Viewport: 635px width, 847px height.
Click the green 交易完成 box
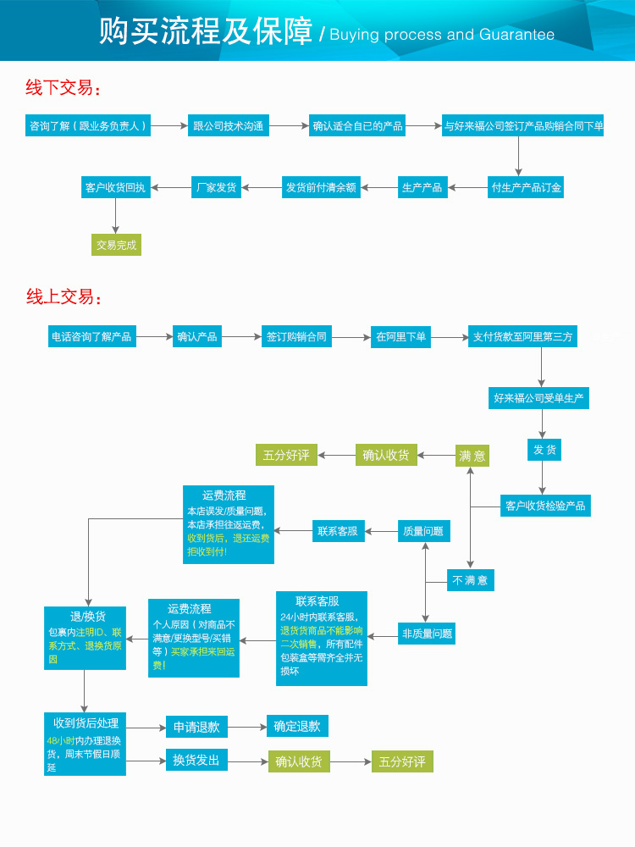click(116, 245)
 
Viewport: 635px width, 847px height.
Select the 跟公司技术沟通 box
click(229, 126)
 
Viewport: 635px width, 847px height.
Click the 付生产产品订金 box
click(526, 187)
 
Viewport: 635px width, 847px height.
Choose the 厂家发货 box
click(216, 187)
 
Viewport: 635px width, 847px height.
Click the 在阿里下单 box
click(401, 337)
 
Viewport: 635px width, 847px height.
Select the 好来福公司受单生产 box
click(539, 397)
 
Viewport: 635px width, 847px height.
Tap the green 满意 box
click(472, 456)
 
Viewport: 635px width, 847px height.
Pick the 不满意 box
click(470, 580)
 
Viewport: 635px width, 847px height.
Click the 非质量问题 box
click(427, 633)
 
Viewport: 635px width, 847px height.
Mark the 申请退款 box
click(196, 727)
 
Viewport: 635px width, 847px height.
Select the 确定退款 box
click(297, 726)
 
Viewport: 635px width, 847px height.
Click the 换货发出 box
click(196, 760)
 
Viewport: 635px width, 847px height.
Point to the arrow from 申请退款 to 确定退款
click(246, 727)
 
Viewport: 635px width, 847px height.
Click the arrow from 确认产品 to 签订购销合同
click(241, 337)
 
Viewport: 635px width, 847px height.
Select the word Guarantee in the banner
click(516, 35)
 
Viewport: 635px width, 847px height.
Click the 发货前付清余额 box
click(321, 187)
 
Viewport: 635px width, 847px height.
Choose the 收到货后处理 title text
click(86, 723)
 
